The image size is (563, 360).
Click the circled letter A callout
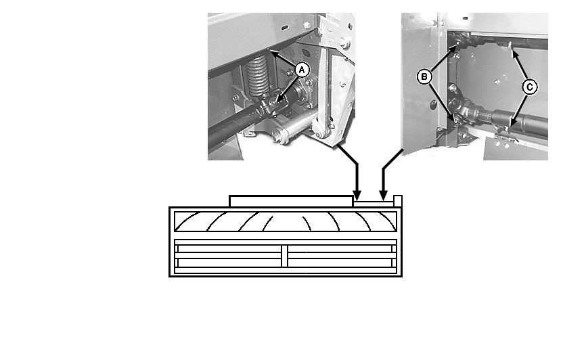(x=302, y=70)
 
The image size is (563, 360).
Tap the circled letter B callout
(x=424, y=77)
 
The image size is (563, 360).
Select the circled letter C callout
(x=530, y=87)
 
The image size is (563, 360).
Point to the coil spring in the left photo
(x=257, y=77)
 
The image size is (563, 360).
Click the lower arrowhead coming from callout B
(x=453, y=118)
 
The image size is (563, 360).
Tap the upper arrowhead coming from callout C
(x=514, y=54)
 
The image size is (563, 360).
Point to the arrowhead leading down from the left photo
(x=357, y=196)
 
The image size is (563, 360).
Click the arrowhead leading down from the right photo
(x=384, y=196)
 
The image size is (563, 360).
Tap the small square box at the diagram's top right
(x=398, y=201)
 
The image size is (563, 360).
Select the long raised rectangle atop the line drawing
(x=291, y=202)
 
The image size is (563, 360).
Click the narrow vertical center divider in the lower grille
(x=284, y=256)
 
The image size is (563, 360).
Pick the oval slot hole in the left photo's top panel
(x=284, y=28)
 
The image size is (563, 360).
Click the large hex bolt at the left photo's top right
(x=344, y=43)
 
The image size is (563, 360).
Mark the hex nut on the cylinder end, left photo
(x=277, y=137)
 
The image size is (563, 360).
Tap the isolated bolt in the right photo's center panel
(x=497, y=83)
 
